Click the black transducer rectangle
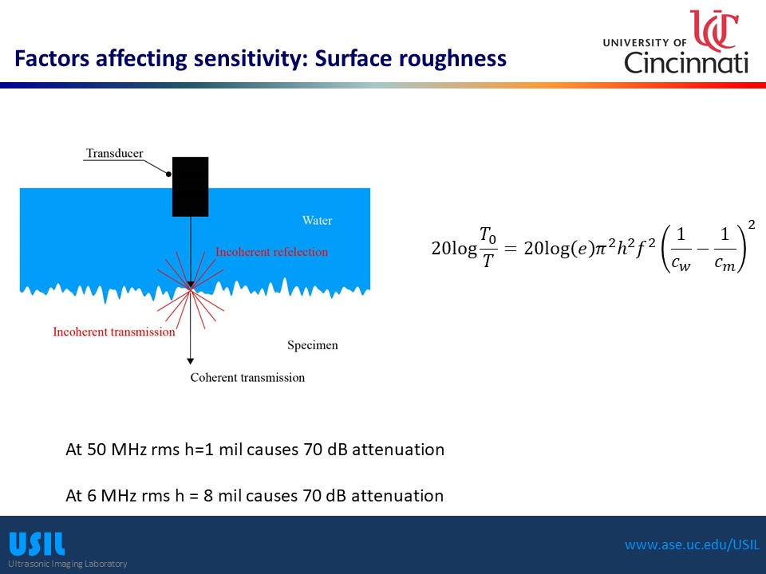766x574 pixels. pos(190,187)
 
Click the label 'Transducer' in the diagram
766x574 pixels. pos(115,154)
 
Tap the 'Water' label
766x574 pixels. pos(317,221)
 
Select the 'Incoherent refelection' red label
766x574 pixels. pos(271,252)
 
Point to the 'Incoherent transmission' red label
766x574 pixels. pos(114,332)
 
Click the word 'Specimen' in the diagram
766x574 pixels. pos(312,345)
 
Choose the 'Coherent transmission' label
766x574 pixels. pos(247,377)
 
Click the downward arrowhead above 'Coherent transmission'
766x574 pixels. pos(191,361)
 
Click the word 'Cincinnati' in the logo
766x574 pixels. pos(686,62)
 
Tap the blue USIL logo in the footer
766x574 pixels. pos(37,544)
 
